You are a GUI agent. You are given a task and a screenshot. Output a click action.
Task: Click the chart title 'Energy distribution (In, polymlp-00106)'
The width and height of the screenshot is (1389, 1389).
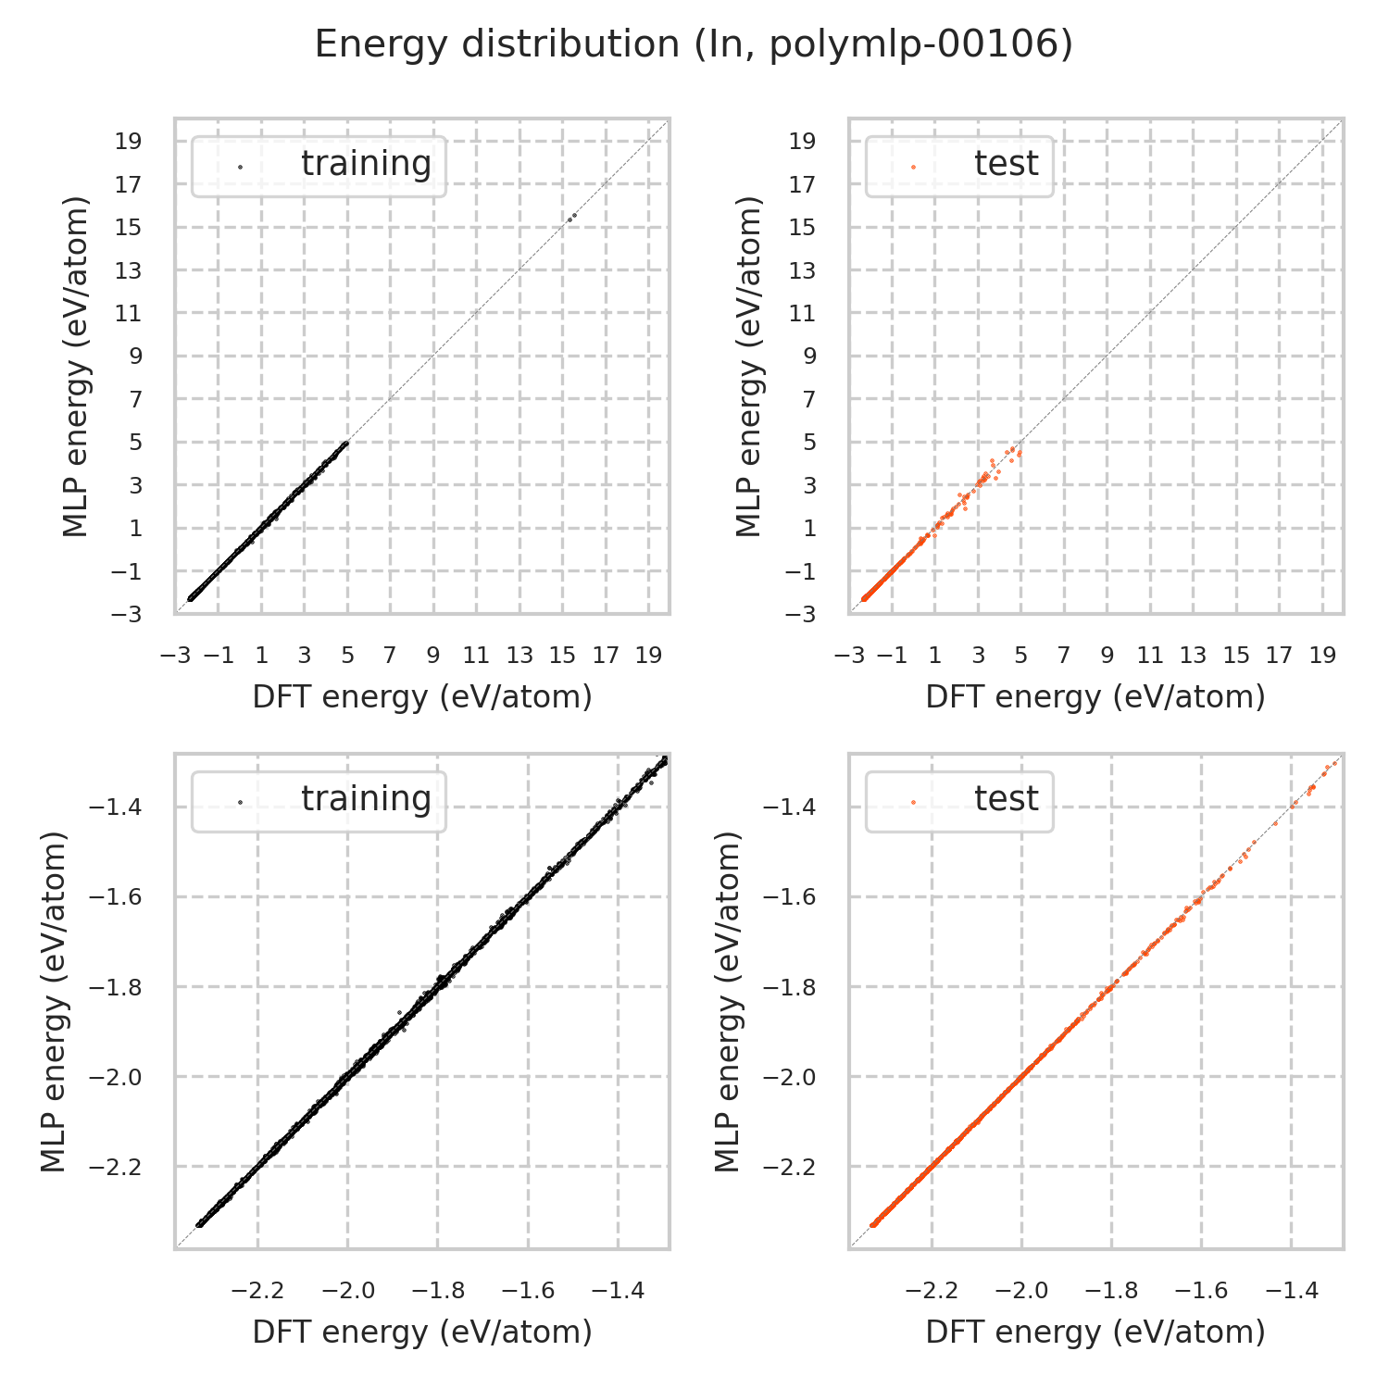694,44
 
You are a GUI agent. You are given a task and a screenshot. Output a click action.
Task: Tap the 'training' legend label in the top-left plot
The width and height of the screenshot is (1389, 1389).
366,164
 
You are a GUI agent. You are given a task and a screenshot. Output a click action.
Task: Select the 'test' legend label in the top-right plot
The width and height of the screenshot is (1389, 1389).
1006,164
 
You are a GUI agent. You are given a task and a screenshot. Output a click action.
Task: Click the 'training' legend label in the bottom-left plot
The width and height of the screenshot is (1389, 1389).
366,798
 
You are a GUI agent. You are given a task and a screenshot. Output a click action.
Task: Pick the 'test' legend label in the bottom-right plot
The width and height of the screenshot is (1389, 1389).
1006,798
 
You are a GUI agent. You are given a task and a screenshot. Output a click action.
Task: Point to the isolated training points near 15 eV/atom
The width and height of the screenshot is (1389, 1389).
571,217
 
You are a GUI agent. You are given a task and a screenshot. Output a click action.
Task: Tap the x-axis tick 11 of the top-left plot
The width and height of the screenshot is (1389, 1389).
476,657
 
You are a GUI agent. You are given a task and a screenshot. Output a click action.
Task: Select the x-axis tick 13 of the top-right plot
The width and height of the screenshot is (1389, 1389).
1193,657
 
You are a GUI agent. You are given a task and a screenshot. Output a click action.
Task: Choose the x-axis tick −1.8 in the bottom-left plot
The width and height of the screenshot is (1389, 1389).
438,1291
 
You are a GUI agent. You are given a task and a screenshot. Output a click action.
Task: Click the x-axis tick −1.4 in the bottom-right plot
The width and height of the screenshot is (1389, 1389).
1292,1291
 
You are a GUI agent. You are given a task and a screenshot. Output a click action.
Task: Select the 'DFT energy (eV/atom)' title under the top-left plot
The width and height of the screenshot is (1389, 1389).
422,697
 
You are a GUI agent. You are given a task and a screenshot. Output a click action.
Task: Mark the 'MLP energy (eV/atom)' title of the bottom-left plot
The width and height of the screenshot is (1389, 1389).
55,1002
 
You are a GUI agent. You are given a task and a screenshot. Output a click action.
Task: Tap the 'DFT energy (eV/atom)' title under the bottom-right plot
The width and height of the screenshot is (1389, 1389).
1095,1332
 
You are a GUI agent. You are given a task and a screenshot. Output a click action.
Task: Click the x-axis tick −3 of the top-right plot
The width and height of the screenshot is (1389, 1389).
845,657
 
